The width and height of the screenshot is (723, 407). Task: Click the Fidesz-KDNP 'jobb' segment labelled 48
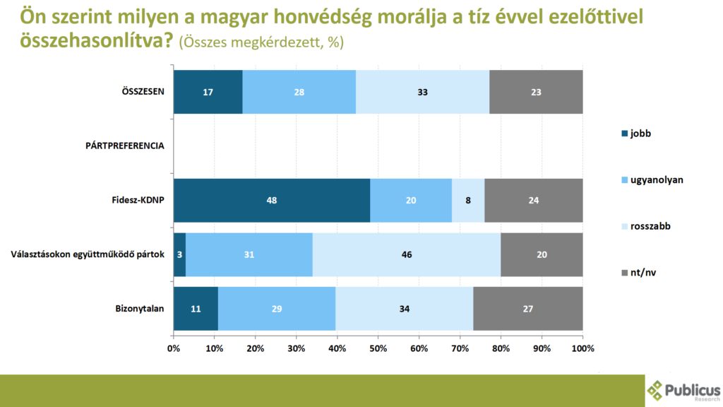272,201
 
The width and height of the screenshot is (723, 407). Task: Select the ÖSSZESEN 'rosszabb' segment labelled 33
422,92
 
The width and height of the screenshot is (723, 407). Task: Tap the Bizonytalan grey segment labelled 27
528,309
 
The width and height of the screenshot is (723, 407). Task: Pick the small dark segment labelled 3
179,254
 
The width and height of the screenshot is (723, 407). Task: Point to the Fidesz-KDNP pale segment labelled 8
468,201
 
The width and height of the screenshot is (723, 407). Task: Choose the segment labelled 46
407,254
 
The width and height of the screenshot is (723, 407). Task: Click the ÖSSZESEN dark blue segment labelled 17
208,92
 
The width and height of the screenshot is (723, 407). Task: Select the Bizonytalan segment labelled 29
277,309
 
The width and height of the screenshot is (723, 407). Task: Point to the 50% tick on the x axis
378,348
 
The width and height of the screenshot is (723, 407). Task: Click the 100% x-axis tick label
582,348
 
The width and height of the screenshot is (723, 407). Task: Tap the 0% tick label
174,348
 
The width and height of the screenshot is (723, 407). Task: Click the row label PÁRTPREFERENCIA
124,146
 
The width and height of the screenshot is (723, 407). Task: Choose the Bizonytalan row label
139,309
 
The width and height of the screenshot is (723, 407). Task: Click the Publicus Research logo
683,391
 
